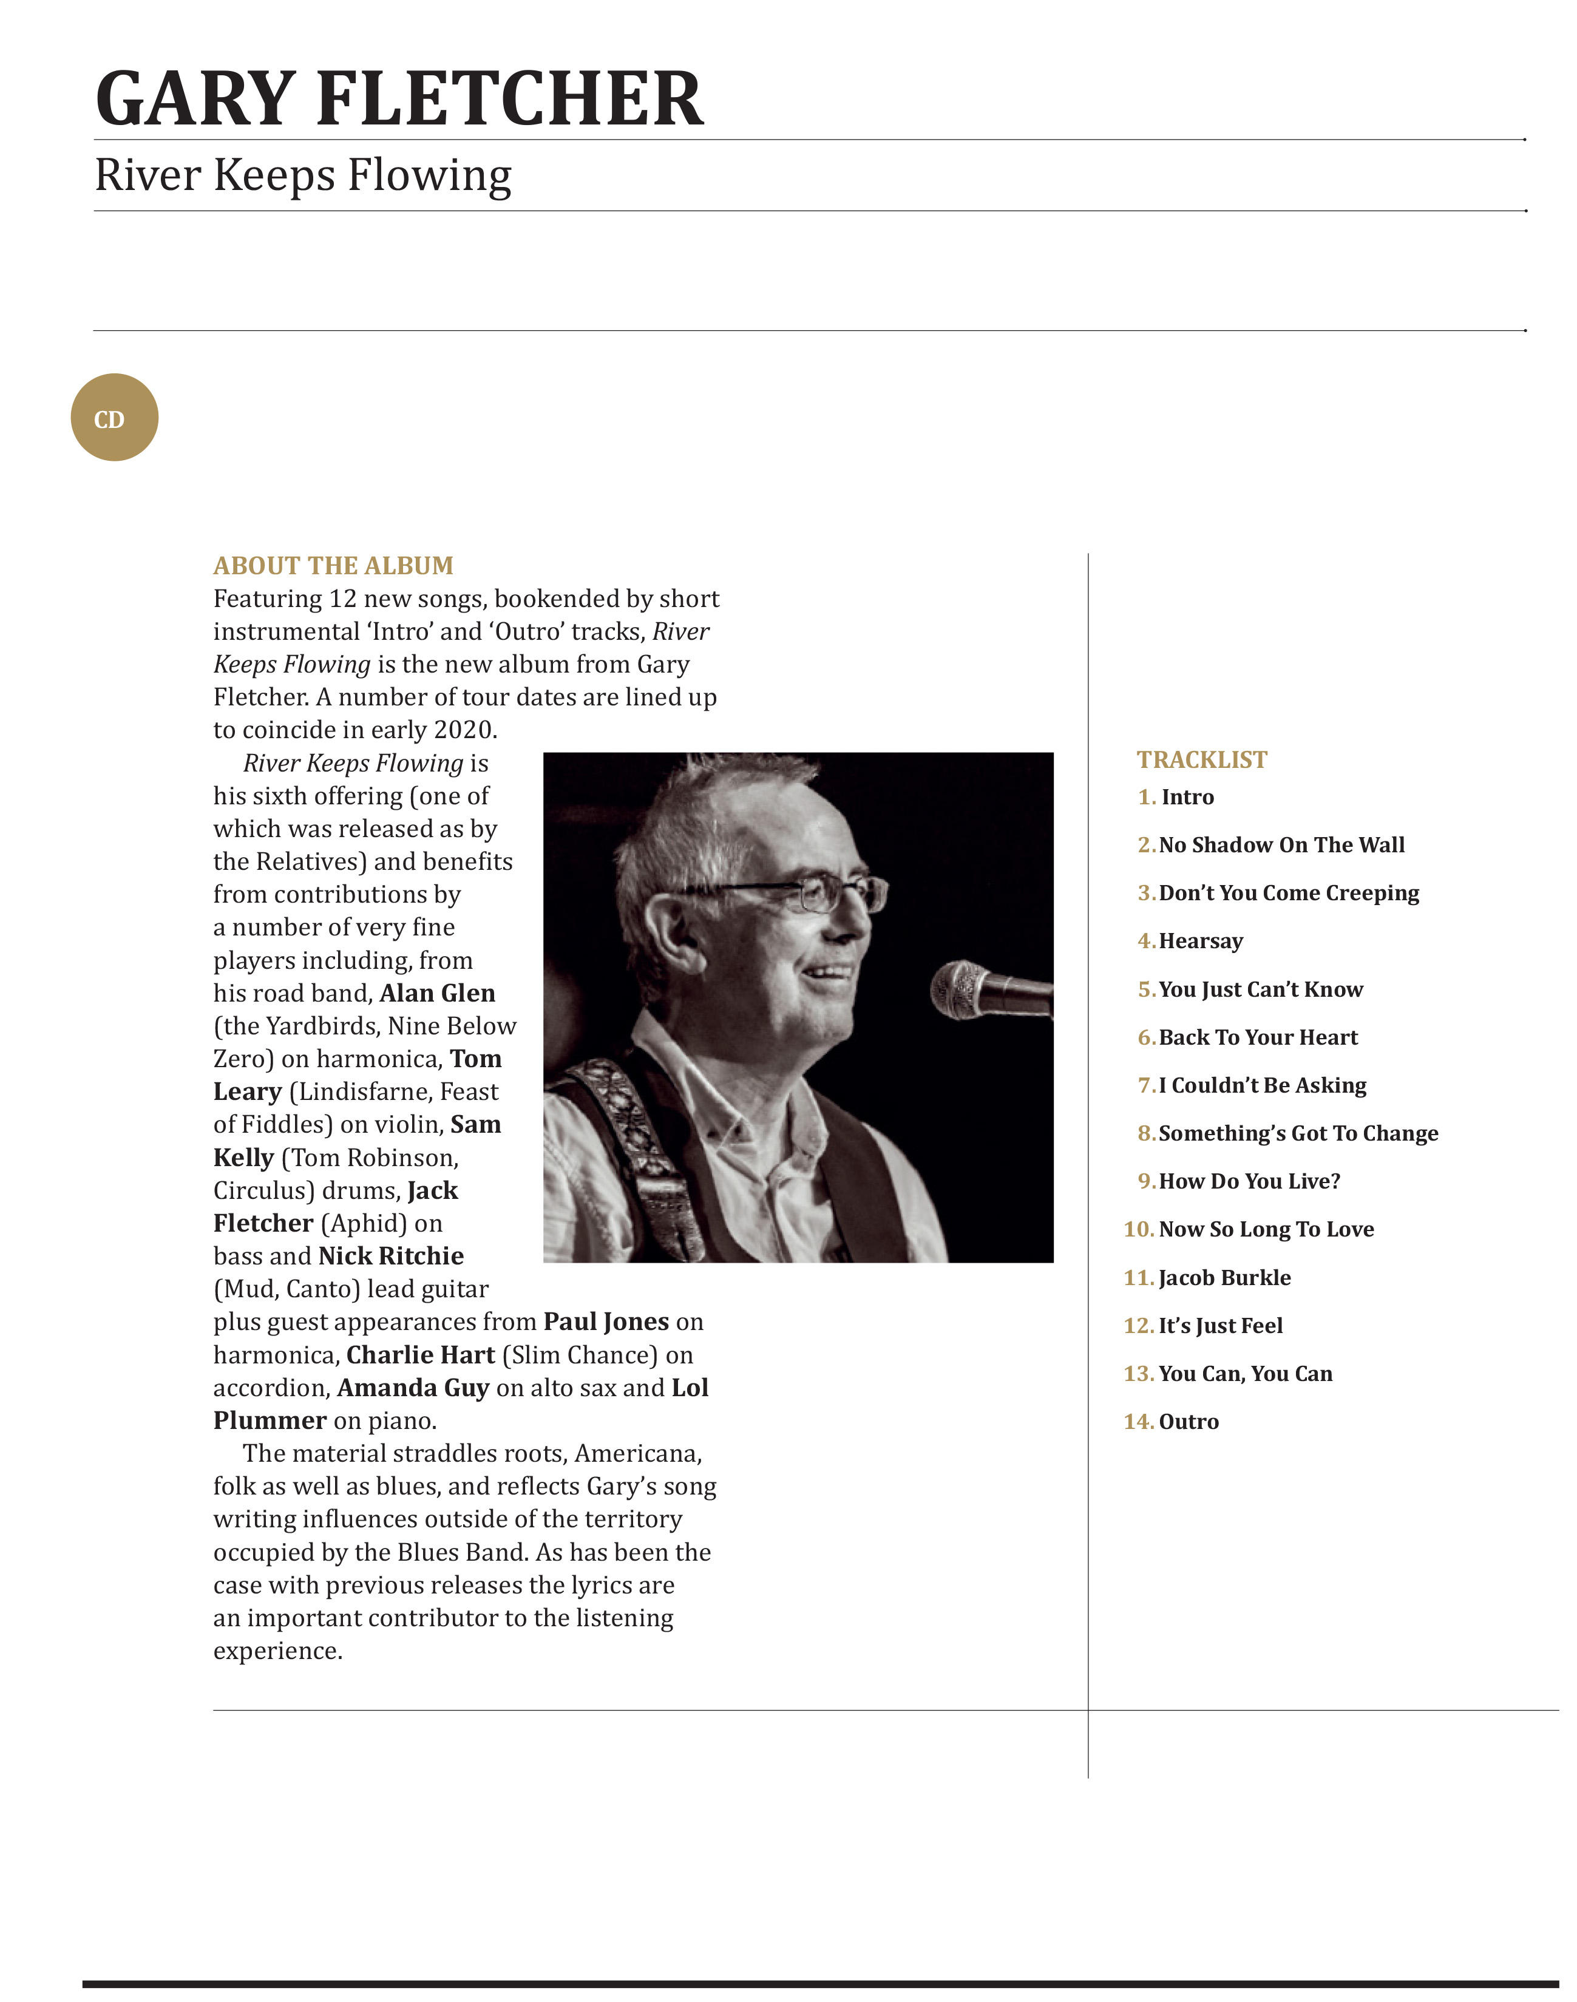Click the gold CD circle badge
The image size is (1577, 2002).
(x=115, y=418)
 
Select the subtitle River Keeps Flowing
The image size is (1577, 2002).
(x=303, y=175)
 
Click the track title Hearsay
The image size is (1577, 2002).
(x=1200, y=941)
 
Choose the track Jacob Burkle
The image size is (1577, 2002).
(x=1224, y=1277)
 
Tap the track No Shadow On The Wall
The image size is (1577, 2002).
(x=1281, y=845)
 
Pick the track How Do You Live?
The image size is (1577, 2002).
(x=1249, y=1181)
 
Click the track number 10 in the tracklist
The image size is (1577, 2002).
(x=1138, y=1229)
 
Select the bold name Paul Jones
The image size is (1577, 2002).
(x=606, y=1322)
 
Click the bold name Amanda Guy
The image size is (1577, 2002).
(x=413, y=1387)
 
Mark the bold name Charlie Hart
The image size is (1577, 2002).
(x=421, y=1355)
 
